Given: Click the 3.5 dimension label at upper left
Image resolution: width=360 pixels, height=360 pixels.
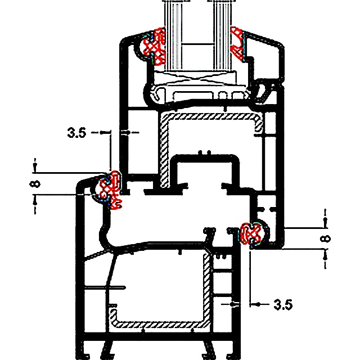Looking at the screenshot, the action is click(x=76, y=133).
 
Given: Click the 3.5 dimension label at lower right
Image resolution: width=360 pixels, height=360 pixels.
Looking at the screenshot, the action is click(x=283, y=305).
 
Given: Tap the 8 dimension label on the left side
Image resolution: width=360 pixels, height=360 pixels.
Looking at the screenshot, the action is click(x=35, y=184).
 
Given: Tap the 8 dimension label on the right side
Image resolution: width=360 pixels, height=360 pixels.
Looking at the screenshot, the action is click(x=325, y=238).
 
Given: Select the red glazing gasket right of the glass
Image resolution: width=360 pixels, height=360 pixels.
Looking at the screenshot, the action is click(x=237, y=44).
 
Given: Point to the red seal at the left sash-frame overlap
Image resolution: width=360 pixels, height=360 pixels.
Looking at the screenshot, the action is click(x=110, y=190).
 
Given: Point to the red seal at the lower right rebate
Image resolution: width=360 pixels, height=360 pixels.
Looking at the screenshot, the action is click(x=251, y=233).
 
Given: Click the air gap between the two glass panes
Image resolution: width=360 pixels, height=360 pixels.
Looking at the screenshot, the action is click(x=198, y=34).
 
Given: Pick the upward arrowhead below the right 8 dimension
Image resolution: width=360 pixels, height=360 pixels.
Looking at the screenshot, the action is click(x=325, y=256).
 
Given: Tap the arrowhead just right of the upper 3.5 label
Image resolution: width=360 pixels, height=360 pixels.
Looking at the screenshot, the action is click(x=105, y=133).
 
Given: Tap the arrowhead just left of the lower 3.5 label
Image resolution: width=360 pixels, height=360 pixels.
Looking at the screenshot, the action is click(x=255, y=304).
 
